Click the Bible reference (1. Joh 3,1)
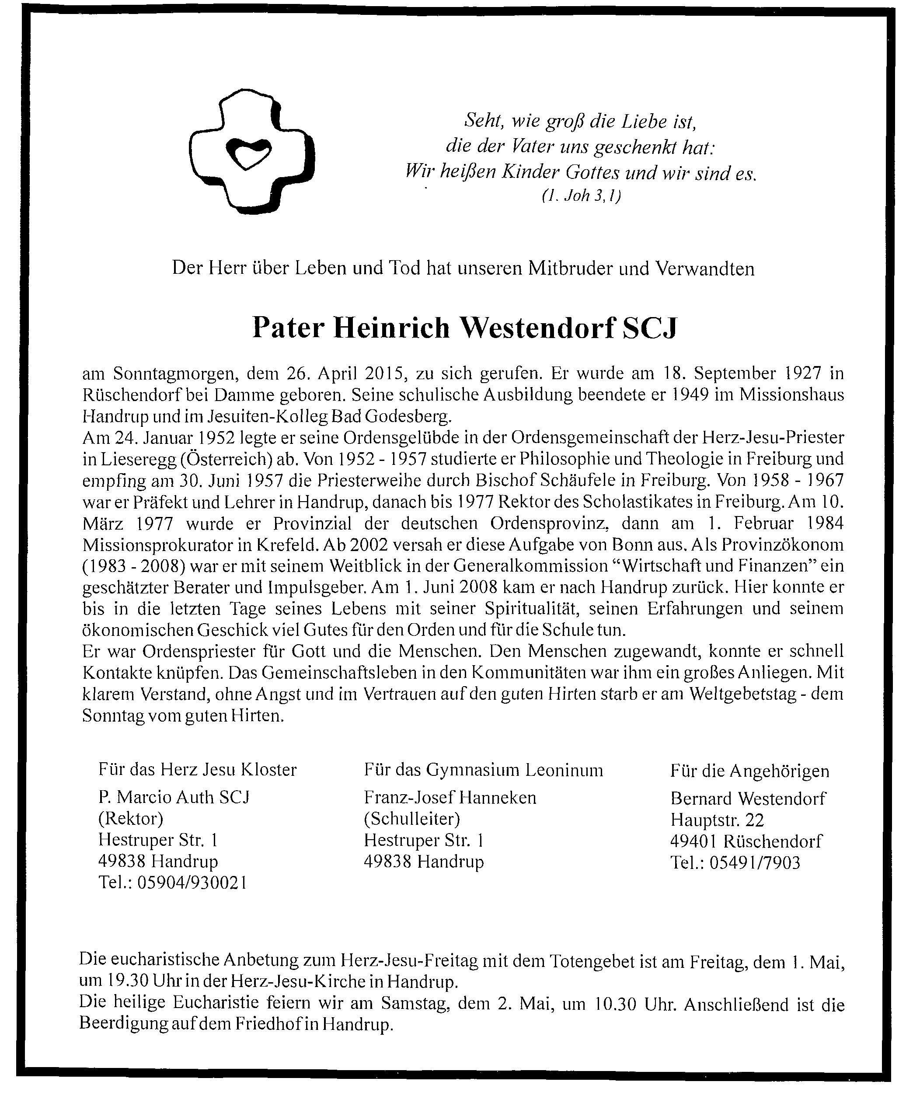point(581,196)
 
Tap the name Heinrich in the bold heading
point(391,328)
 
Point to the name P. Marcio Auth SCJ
point(174,797)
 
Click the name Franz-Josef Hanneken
point(449,798)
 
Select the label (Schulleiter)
point(412,819)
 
